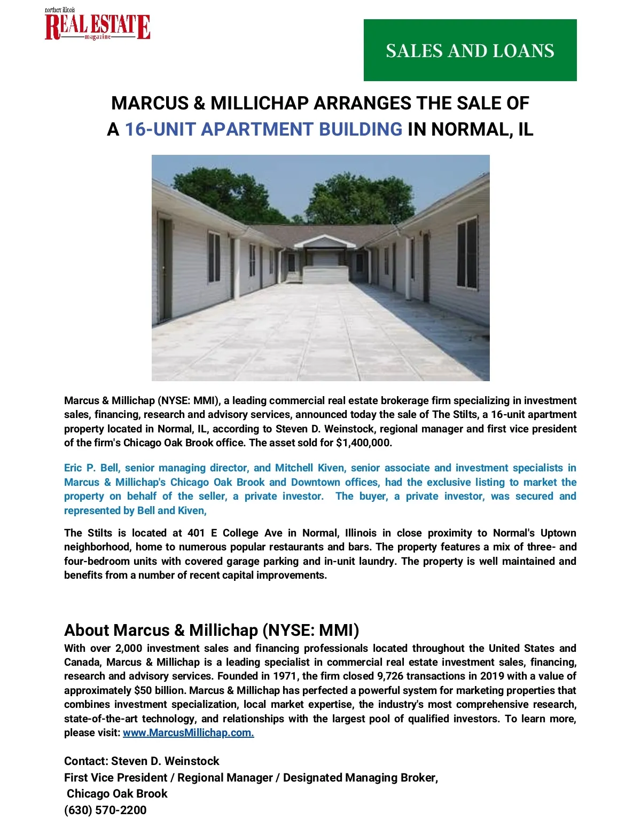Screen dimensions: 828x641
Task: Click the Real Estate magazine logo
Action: pos(97,26)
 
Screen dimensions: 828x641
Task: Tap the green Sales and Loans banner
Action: pos(470,50)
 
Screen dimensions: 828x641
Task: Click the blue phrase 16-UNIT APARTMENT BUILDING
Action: pos(263,129)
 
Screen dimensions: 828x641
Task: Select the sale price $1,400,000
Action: pos(364,443)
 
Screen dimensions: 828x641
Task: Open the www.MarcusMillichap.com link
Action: pos(188,732)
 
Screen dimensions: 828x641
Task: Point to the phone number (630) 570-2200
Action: pos(105,810)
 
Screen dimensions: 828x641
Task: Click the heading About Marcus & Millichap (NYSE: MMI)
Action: pos(212,630)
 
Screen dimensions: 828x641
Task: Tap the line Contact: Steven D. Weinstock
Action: pos(142,761)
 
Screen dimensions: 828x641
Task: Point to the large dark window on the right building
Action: pos(467,253)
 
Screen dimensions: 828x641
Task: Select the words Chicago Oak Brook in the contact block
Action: pos(117,793)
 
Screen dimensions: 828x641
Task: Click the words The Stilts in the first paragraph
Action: pos(450,414)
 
